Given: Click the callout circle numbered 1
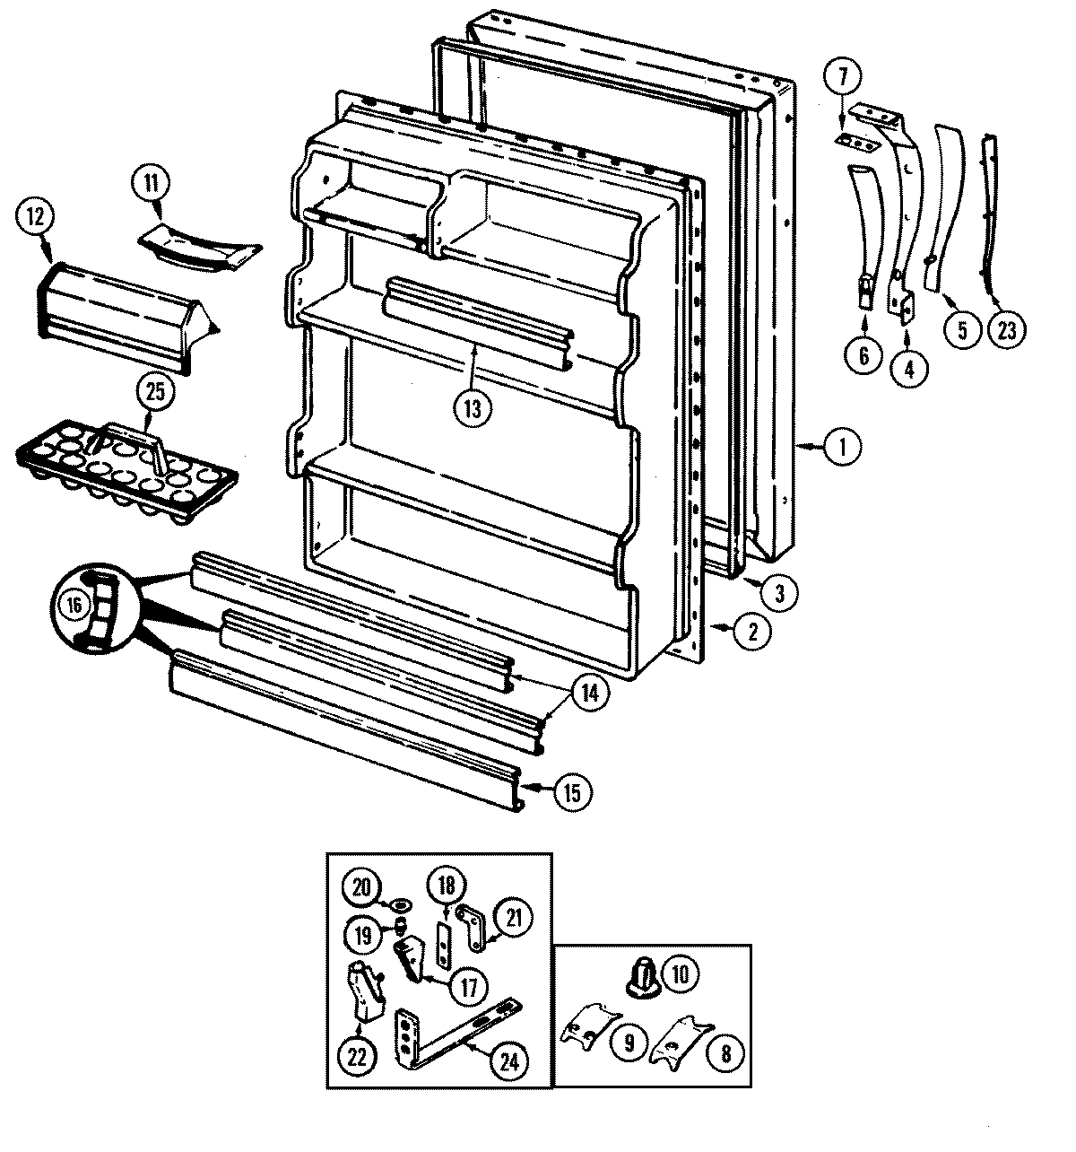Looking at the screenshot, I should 842,446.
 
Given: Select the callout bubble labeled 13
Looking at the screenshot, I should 473,408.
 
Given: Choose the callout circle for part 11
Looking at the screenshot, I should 150,185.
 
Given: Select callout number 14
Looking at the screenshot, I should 589,694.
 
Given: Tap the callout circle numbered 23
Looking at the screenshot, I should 1007,330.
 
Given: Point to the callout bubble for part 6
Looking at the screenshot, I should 863,356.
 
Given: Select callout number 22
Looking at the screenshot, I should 358,1057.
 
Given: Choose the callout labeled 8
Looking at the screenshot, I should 725,1054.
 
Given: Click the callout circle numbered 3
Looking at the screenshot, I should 779,592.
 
